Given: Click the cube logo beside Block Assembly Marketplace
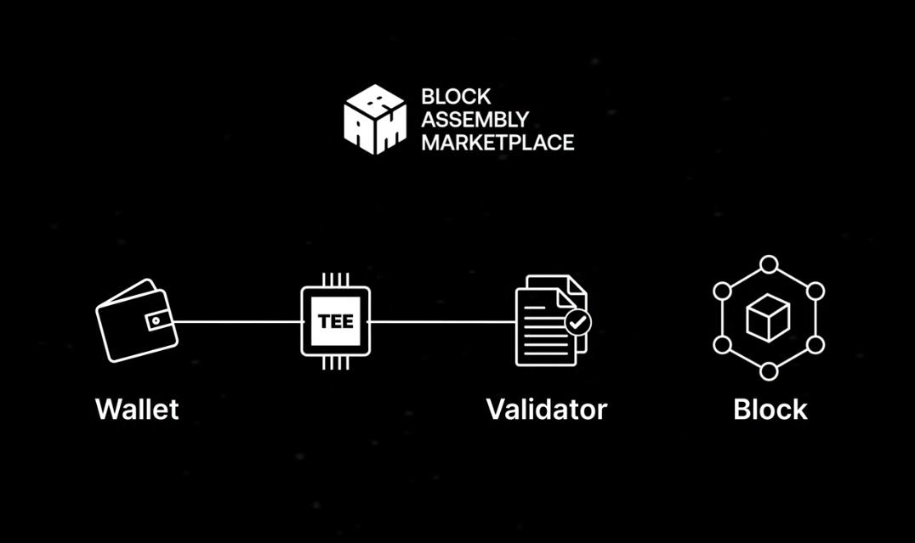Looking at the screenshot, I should coord(375,119).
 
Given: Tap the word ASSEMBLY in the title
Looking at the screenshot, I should coord(475,119).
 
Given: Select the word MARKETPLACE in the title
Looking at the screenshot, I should coord(497,141).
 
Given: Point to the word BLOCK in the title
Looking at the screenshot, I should coord(456,97).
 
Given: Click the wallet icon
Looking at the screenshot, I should coord(135,320).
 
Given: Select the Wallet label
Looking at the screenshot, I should coord(137,409).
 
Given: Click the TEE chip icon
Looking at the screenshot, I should coord(336,321).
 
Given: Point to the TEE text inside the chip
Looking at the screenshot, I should coord(336,322).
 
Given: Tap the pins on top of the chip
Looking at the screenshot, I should coord(336,279).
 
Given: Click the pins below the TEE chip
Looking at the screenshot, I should coord(336,364).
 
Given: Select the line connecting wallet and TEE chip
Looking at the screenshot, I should coord(238,321).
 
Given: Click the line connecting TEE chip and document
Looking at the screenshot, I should coord(442,321).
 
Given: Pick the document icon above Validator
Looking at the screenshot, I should coord(548,320).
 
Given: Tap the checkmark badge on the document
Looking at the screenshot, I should coord(578,322).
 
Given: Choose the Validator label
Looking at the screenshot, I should coord(546,409).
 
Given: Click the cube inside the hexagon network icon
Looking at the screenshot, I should coord(768,319).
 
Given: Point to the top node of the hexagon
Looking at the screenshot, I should coord(769,263).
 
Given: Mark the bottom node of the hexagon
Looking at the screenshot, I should coord(769,371).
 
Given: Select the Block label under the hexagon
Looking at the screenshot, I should coord(770,409).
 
